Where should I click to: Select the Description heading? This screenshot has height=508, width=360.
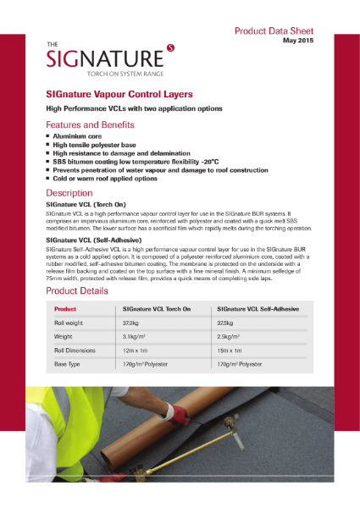(x=75, y=193)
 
